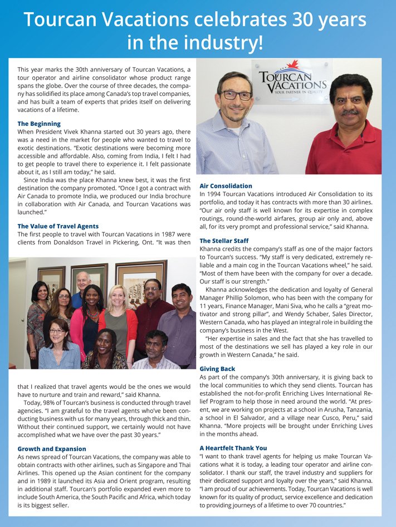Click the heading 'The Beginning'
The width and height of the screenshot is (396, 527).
(39, 124)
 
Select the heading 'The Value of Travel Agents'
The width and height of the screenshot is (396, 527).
(58, 226)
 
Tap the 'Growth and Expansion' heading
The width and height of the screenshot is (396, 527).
(52, 448)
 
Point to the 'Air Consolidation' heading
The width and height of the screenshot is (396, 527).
(226, 186)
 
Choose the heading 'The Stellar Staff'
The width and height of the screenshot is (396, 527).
(224, 241)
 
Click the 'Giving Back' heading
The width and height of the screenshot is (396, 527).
(217, 369)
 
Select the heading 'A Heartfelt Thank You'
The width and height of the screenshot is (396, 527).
(233, 447)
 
